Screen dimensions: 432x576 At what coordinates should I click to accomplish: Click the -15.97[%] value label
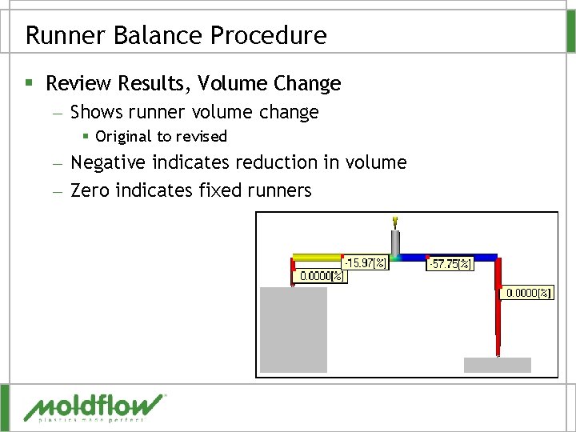pos(365,262)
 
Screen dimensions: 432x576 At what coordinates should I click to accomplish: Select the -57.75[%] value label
pos(450,263)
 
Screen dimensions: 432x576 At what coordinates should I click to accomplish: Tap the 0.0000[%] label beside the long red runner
pos(527,294)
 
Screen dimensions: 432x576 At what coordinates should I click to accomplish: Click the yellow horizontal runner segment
pos(317,258)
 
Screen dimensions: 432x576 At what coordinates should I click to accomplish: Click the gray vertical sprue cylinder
pos(395,243)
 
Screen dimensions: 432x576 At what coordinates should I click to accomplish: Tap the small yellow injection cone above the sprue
pos(395,221)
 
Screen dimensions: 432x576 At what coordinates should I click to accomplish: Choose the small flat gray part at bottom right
pos(497,365)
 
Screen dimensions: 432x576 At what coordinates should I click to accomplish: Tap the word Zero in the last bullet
pos(90,190)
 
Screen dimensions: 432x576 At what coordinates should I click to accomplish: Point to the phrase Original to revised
pos(161,137)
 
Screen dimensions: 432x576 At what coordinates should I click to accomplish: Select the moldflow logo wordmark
pos(94,407)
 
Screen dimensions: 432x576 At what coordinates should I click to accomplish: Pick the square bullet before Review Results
pos(30,83)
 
